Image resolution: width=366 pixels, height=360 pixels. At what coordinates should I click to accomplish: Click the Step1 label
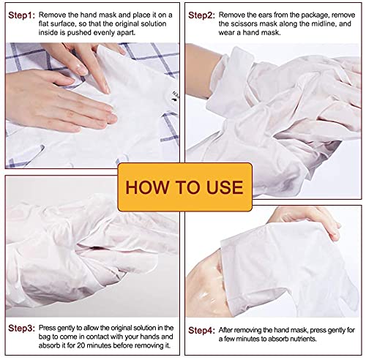pos(21,15)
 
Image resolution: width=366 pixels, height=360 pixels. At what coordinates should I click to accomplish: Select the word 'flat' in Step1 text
pos(47,25)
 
